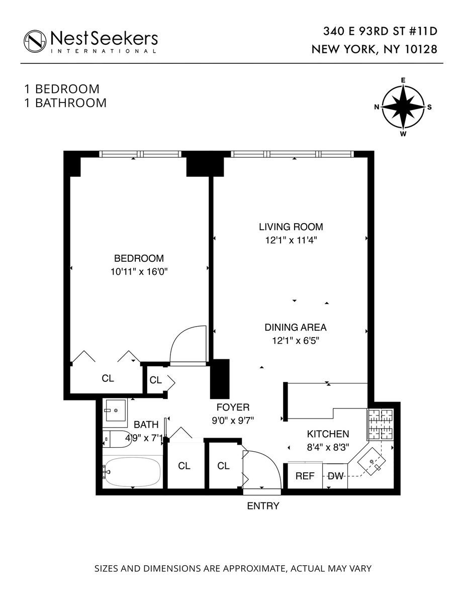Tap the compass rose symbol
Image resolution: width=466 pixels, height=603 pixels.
point(403,107)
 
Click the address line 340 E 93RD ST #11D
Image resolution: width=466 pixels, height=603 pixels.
point(380,32)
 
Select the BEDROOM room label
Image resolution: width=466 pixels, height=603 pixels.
point(139,259)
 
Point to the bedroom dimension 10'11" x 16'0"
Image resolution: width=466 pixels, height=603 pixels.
point(139,272)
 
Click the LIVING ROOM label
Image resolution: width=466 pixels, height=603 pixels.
point(291,227)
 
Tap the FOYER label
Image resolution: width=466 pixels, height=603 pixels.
point(233,407)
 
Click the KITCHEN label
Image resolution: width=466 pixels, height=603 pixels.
point(328,434)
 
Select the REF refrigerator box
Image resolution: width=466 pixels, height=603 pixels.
point(305,476)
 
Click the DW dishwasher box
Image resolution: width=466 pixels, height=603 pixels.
point(335,476)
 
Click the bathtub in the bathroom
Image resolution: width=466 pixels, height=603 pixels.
point(133,472)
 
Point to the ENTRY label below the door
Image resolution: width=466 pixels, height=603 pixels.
point(263,506)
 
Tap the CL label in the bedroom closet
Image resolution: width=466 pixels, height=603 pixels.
point(108,379)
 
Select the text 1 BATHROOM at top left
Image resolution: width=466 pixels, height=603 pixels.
point(65,103)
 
